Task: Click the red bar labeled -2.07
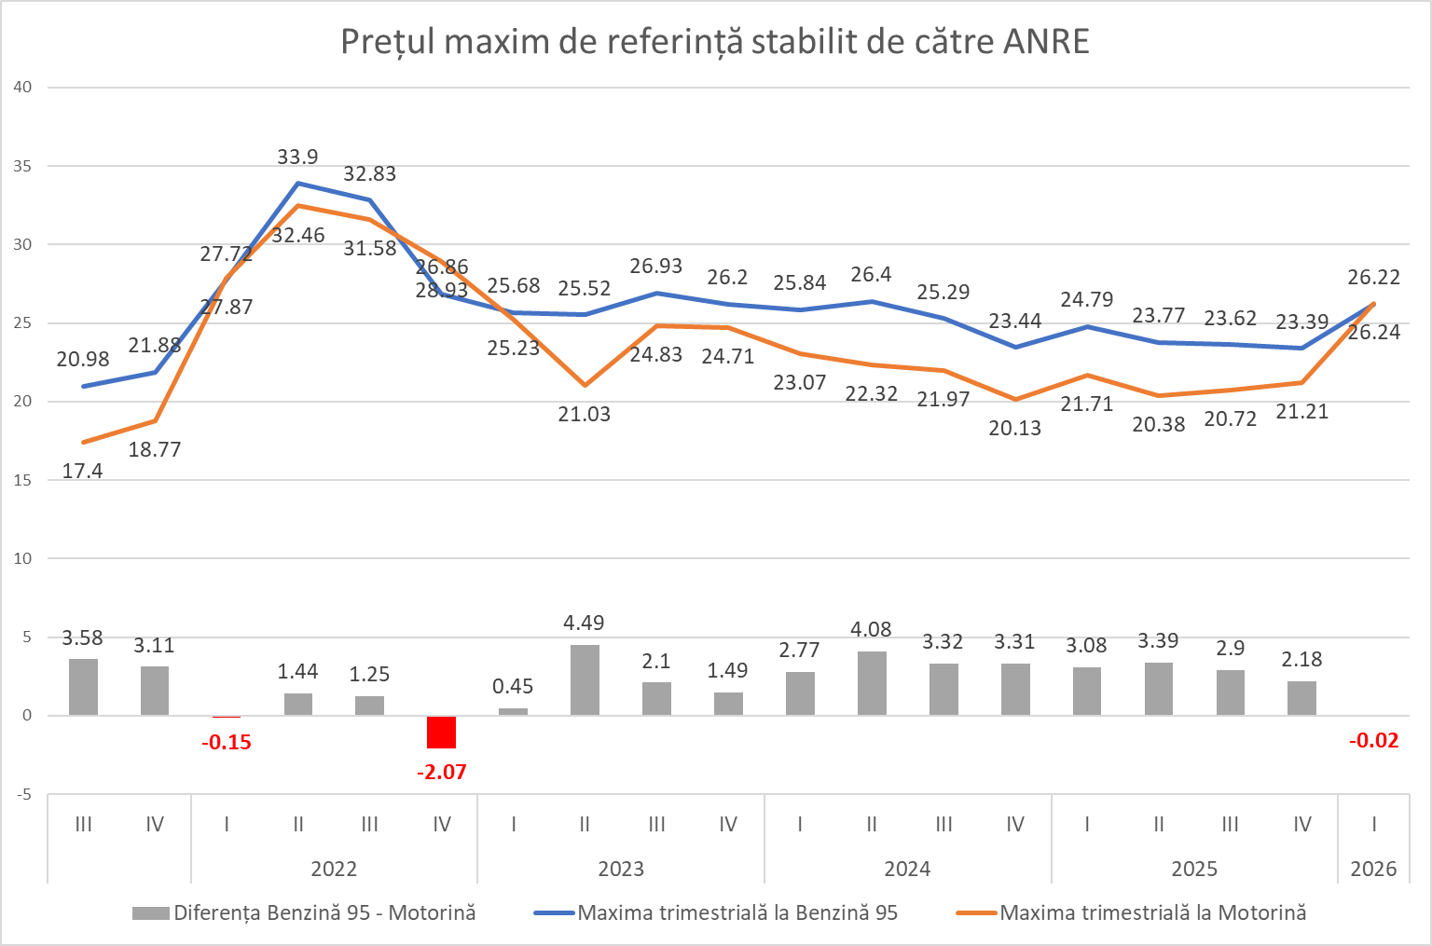[441, 732]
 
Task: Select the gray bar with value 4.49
[585, 680]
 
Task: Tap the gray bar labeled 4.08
[872, 683]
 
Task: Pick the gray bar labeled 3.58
[83, 687]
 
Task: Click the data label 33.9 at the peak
[297, 158]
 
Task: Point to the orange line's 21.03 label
[585, 415]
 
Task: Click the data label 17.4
[82, 472]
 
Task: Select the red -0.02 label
[1373, 741]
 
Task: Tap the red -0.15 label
[227, 743]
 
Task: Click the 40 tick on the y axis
[22, 88]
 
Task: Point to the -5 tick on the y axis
[22, 795]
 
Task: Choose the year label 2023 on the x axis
[621, 870]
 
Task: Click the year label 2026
[1373, 870]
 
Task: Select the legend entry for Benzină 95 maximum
[737, 913]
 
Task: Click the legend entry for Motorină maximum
[1152, 913]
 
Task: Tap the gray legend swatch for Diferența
[151, 913]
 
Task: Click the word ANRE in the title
[1046, 42]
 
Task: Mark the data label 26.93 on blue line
[656, 267]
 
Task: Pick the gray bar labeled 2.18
[1301, 698]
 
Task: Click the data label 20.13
[1015, 429]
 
